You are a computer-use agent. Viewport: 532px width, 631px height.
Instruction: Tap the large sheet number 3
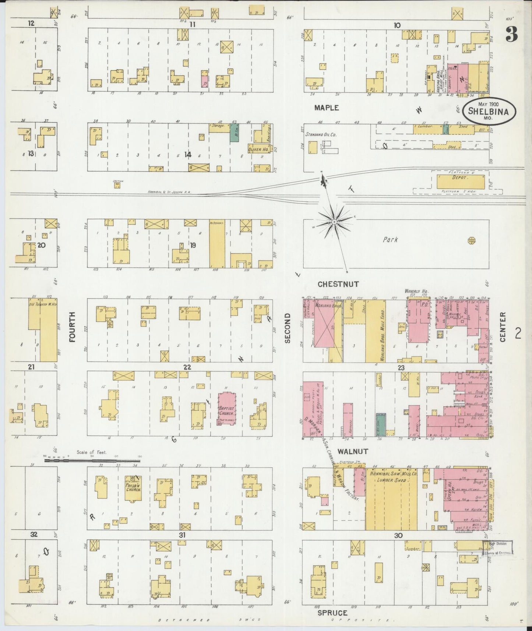point(511,35)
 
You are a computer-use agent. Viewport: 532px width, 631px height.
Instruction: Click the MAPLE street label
point(326,108)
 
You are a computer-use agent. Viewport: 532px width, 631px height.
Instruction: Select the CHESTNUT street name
point(338,284)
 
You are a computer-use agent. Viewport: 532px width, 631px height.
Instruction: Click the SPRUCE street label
point(332,613)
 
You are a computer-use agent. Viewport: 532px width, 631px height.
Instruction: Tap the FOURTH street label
point(72,327)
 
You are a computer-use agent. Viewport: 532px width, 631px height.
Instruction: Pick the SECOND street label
point(288,328)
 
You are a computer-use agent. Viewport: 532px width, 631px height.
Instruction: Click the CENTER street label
point(503,327)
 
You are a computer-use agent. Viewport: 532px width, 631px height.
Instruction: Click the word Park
point(390,240)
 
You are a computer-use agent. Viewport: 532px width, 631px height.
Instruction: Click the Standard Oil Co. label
point(321,135)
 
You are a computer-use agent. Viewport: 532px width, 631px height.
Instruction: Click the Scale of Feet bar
point(92,460)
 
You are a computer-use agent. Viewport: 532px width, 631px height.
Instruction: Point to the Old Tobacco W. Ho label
point(43,304)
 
